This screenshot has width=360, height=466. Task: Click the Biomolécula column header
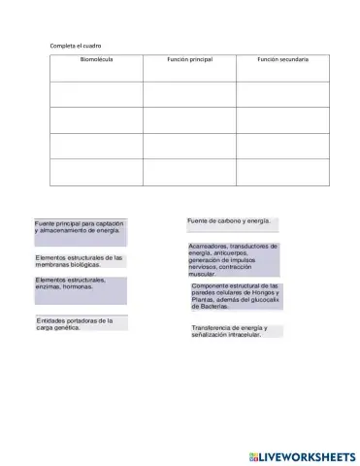96,60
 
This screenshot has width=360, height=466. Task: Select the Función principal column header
189,60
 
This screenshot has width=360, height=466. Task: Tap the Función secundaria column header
282,60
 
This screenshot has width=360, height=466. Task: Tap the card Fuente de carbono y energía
231,222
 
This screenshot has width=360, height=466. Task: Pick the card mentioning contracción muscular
233,260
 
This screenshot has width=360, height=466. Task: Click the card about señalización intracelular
235,332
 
